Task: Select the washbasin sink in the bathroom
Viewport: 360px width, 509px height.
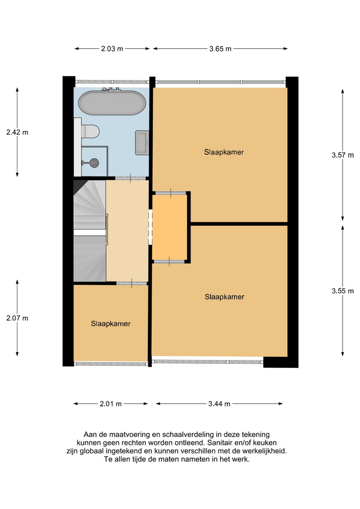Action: (142, 143)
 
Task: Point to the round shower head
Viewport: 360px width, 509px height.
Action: (94, 163)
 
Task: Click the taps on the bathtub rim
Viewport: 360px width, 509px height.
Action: (110, 90)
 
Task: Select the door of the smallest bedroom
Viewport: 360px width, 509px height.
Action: (131, 284)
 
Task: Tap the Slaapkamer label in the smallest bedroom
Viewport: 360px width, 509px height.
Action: (110, 323)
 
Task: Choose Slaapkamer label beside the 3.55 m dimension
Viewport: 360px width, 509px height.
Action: (224, 297)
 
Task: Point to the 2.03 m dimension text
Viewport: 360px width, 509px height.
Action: (112, 49)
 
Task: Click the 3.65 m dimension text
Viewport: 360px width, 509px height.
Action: (220, 49)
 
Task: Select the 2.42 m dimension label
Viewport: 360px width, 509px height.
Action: (17, 133)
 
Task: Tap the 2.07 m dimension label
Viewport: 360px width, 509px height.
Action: (17, 318)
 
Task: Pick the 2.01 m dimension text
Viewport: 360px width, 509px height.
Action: (111, 404)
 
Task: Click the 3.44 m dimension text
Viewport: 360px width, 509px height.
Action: (219, 404)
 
